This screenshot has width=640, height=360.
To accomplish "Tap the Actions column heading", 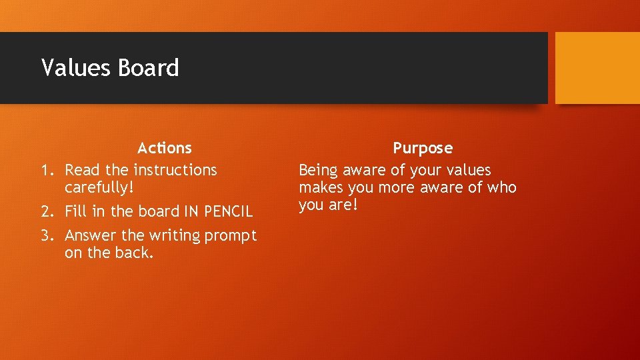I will [x=164, y=148].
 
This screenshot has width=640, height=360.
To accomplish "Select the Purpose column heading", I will [x=422, y=148].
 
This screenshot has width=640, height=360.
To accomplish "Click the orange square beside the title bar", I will [x=597, y=68].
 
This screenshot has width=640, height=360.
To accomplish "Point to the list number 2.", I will [x=46, y=212].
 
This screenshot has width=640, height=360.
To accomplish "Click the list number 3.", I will [x=46, y=236].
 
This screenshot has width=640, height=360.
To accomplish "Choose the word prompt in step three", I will [x=231, y=236].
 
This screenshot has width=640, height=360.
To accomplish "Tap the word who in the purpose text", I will [x=501, y=188].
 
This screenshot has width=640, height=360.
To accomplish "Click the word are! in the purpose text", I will [x=343, y=205].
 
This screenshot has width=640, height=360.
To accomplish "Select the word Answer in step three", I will [x=90, y=236].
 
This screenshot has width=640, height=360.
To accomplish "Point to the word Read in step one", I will [x=81, y=171].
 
